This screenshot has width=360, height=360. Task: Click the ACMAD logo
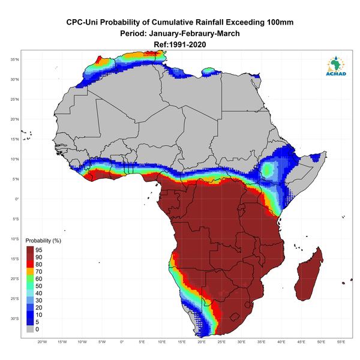336,66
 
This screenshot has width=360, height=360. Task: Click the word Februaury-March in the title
194,34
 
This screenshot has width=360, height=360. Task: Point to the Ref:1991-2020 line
180,44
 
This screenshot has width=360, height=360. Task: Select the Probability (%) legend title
43,241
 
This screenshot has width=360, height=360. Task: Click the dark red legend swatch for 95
30,250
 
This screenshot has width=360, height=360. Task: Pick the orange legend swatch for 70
30,272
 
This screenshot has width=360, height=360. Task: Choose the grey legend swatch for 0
30,329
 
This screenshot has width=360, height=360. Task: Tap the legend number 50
39,286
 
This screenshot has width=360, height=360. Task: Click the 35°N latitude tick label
14,59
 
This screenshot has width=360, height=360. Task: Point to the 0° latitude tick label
17,199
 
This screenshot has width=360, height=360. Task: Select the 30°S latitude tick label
14,319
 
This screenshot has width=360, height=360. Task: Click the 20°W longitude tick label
42,342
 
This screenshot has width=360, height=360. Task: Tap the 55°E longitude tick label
341,342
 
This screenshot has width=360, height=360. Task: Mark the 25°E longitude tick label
221,342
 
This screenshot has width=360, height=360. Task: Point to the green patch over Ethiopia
268,169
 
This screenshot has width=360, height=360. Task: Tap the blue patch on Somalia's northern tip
315,157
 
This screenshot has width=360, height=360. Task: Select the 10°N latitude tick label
14,159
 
